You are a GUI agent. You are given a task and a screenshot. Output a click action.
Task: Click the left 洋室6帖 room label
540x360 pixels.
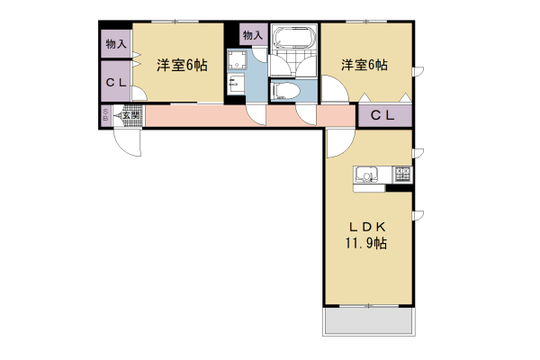click(x=183, y=65)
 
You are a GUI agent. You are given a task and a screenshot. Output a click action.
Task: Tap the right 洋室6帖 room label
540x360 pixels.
click(x=364, y=65)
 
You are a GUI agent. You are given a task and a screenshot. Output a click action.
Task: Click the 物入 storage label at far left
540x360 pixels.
click(x=115, y=43)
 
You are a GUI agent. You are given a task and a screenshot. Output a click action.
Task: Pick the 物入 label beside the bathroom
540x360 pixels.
click(x=253, y=36)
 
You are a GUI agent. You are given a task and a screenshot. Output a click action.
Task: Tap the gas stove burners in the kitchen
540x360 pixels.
click(x=401, y=175)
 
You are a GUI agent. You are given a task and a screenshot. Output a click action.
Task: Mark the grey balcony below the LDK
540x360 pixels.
click(x=368, y=322)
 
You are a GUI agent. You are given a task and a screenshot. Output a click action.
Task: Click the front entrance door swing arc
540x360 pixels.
click(x=126, y=141)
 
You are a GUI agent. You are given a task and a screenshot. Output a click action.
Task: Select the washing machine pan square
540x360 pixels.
click(x=238, y=61)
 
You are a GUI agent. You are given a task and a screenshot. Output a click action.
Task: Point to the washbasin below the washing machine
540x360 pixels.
click(x=235, y=87)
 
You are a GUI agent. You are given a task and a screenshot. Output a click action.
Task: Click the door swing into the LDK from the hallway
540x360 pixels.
click(x=337, y=144)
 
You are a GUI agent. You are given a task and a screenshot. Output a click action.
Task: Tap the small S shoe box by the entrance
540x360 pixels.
click(x=105, y=115)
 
